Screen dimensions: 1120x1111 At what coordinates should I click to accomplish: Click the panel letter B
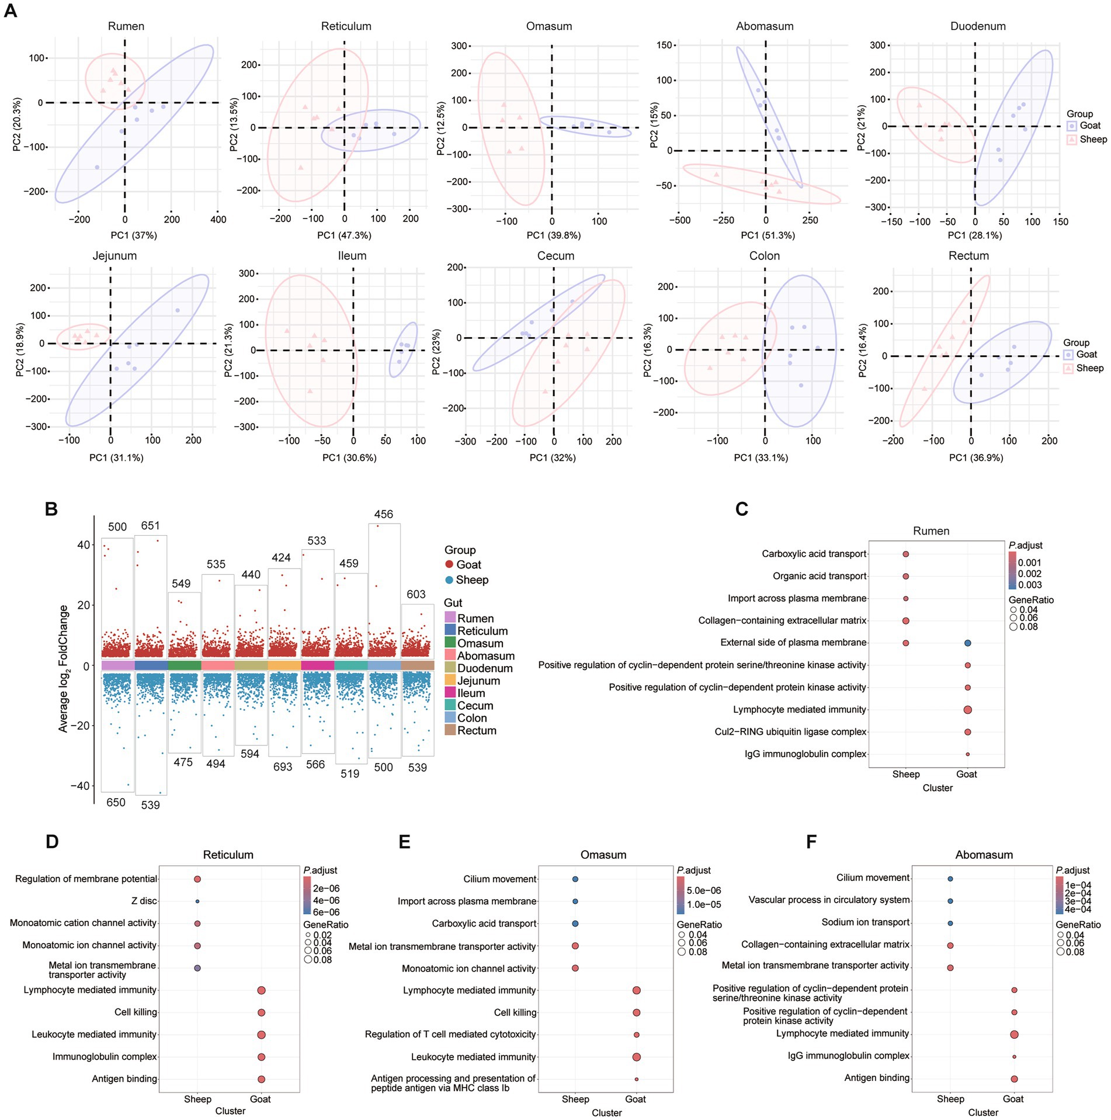tap(51, 509)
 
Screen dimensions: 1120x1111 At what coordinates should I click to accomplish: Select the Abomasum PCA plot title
tap(765, 26)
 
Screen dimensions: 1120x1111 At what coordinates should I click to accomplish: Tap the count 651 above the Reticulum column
tap(150, 526)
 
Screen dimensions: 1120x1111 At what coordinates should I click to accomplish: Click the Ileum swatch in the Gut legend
tap(450, 693)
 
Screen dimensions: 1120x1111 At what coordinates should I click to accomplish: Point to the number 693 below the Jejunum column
tap(283, 767)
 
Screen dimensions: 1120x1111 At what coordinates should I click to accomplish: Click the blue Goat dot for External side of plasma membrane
tap(967, 643)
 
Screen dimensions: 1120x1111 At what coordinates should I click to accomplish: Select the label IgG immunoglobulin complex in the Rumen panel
tap(805, 754)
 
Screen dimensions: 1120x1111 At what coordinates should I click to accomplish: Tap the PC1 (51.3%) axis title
tap(768, 235)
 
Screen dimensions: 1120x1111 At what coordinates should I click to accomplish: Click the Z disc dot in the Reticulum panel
tap(197, 901)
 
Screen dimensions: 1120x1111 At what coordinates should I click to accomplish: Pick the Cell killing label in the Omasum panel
tap(515, 1012)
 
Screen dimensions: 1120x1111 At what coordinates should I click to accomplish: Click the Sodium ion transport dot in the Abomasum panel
tap(950, 923)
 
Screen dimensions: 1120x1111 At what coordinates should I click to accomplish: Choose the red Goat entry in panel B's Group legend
tap(463, 564)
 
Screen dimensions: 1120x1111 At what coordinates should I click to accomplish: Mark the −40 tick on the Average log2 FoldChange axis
tap(80, 786)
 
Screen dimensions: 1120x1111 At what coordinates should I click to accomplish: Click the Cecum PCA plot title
tap(555, 256)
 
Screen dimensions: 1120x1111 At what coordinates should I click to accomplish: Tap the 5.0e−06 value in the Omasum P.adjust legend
tap(703, 890)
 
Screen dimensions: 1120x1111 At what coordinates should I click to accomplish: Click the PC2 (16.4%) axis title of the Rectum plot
tap(862, 351)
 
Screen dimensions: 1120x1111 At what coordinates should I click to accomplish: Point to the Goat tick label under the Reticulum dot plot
tap(260, 1099)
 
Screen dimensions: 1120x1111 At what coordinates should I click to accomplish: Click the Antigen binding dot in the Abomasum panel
tap(1014, 1079)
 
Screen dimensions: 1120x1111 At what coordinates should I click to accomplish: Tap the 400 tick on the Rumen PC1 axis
tap(218, 220)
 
